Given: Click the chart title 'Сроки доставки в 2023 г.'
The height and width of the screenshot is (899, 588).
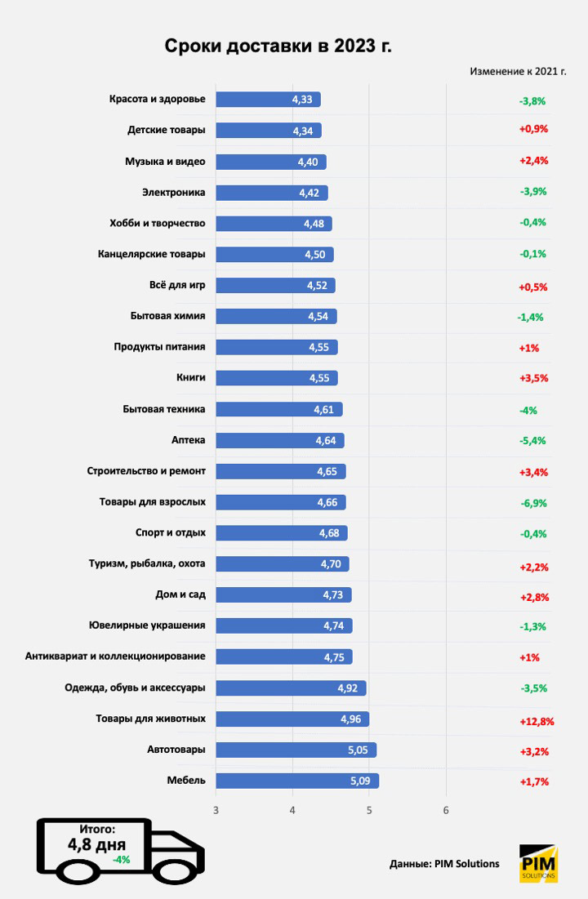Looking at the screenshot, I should click(278, 45).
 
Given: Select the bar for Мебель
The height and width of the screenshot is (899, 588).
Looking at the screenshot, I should click(296, 781).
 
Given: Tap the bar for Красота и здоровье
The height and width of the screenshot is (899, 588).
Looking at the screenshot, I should click(268, 100).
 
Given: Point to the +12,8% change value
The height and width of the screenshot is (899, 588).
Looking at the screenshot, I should click(537, 721).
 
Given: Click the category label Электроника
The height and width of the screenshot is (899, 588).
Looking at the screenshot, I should click(174, 193).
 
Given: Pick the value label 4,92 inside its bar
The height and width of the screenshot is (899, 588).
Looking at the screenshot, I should click(348, 688).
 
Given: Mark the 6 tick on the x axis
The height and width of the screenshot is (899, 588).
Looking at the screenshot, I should click(446, 810).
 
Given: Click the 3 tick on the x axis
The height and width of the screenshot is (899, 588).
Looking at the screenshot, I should click(216, 810).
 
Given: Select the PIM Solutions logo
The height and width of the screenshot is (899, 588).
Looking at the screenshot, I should click(538, 863).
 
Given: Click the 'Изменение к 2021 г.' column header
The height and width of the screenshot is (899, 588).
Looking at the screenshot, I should click(518, 71).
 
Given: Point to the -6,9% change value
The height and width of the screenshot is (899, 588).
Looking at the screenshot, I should click(533, 504).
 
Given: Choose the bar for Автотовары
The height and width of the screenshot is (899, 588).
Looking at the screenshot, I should click(296, 750).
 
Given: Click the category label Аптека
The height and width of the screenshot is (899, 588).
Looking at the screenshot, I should click(188, 440).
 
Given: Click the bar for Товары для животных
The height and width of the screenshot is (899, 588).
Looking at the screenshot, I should click(292, 719).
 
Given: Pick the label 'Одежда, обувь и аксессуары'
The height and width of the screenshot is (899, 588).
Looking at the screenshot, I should click(135, 688).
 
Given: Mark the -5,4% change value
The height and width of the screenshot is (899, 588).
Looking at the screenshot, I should click(533, 442).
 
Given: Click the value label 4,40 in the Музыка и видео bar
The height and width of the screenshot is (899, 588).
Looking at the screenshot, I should click(308, 162).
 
